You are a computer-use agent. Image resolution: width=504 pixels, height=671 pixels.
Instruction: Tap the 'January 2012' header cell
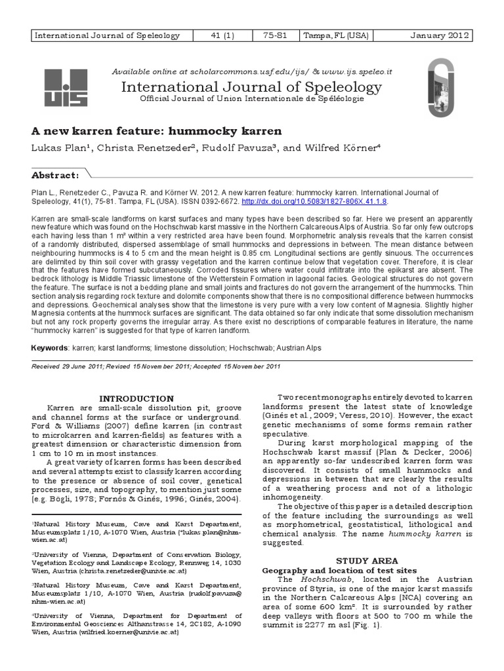click(x=439, y=35)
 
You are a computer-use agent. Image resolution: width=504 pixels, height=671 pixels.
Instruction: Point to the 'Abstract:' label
click(x=56, y=175)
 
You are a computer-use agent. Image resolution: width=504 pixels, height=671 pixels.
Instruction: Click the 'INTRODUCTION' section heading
click(x=136, y=398)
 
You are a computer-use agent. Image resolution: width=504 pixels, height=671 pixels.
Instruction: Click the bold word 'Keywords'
click(x=51, y=347)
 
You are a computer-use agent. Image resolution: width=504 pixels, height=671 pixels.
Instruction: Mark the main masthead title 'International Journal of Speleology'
click(x=247, y=86)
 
